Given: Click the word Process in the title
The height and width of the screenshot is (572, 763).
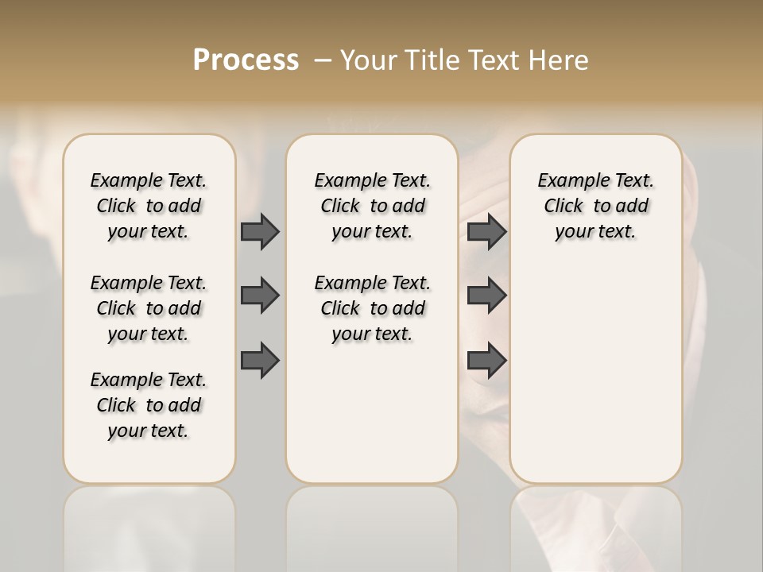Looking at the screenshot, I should (x=246, y=60).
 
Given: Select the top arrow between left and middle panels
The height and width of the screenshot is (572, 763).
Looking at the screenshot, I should (x=260, y=231).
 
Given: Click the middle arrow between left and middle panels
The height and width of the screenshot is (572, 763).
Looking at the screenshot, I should (x=260, y=296).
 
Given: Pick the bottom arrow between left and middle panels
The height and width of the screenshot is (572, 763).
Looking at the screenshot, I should (x=260, y=361).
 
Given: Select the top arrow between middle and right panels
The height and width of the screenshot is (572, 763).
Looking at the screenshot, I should (x=486, y=231).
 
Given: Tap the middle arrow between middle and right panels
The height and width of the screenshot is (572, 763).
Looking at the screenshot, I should (x=486, y=296).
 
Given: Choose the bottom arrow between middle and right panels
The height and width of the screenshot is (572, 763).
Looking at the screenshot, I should (x=486, y=361).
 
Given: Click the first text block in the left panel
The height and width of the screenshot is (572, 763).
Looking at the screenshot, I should (x=149, y=206).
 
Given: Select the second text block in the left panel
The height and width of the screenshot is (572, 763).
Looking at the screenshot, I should (x=149, y=308).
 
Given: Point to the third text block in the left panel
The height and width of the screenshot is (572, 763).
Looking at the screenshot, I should (x=149, y=405).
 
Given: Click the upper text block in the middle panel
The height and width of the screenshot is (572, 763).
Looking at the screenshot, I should (x=373, y=206).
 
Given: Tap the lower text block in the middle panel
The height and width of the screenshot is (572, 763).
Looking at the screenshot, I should (x=373, y=308).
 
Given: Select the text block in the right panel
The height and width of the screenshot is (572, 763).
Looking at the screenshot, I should (x=596, y=206).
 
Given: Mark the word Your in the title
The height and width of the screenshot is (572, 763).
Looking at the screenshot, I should (x=369, y=60).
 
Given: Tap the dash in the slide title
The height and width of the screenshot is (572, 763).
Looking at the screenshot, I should (x=323, y=60).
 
